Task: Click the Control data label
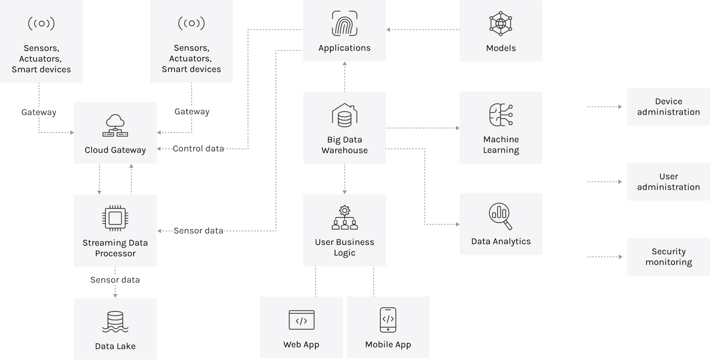(x=198, y=149)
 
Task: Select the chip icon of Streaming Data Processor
(x=115, y=218)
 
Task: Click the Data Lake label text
(x=115, y=346)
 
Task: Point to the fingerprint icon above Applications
(x=344, y=24)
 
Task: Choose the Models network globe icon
(x=501, y=24)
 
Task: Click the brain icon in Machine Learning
(x=501, y=116)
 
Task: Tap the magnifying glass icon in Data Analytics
(x=501, y=217)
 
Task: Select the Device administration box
(x=668, y=106)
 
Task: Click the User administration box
(x=668, y=182)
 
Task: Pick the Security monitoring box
(x=668, y=257)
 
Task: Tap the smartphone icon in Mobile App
(x=388, y=320)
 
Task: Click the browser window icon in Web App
(x=301, y=320)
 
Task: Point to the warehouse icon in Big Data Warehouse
(x=344, y=115)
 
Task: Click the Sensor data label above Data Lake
(x=115, y=280)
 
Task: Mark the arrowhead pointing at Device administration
(x=620, y=107)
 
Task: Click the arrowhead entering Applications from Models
(x=389, y=30)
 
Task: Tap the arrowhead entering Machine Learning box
(x=456, y=128)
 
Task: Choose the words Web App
(x=301, y=345)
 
